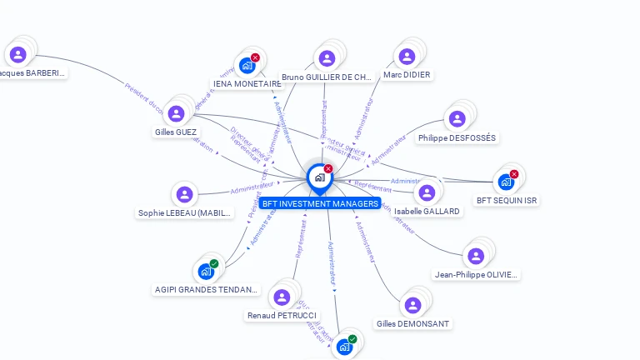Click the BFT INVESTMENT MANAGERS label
click(x=319, y=203)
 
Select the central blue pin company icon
click(x=319, y=177)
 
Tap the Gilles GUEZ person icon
click(x=176, y=113)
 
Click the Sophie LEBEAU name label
click(x=184, y=212)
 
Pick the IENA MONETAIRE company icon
click(x=247, y=65)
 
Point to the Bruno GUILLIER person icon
click(x=327, y=58)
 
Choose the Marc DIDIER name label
click(x=407, y=75)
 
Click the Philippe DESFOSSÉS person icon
click(x=457, y=119)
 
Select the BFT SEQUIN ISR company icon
click(x=506, y=182)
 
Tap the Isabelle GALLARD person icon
click(x=427, y=192)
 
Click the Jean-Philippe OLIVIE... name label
click(x=476, y=274)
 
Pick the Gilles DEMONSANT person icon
click(x=412, y=305)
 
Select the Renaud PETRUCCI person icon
click(x=282, y=297)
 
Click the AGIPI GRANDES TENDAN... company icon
click(x=206, y=272)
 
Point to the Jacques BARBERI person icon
click(x=18, y=55)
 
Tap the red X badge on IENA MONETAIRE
click(x=255, y=57)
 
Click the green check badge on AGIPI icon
click(x=214, y=263)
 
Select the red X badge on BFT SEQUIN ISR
click(x=514, y=174)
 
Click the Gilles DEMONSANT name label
click(x=412, y=324)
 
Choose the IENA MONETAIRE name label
click(x=247, y=84)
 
